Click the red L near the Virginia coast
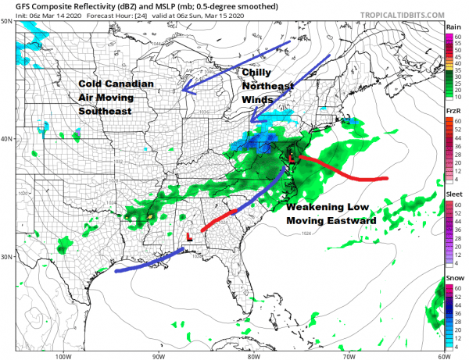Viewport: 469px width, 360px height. point(292,159)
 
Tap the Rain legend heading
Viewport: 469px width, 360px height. point(453,27)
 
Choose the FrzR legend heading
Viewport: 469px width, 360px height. point(453,113)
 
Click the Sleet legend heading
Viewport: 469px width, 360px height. point(453,201)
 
